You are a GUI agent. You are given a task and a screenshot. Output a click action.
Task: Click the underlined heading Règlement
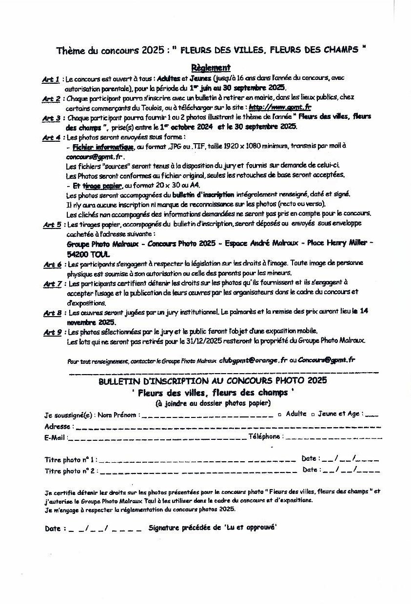211,68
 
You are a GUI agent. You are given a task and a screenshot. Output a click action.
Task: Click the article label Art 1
51,79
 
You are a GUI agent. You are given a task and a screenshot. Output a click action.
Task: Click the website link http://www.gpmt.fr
280,108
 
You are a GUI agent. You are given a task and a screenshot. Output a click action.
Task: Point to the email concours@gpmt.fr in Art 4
95,157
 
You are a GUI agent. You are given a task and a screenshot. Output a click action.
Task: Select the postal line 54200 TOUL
88,254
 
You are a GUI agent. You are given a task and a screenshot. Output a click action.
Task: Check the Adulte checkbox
279,415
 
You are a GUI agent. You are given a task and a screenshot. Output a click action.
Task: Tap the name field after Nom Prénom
207,415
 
